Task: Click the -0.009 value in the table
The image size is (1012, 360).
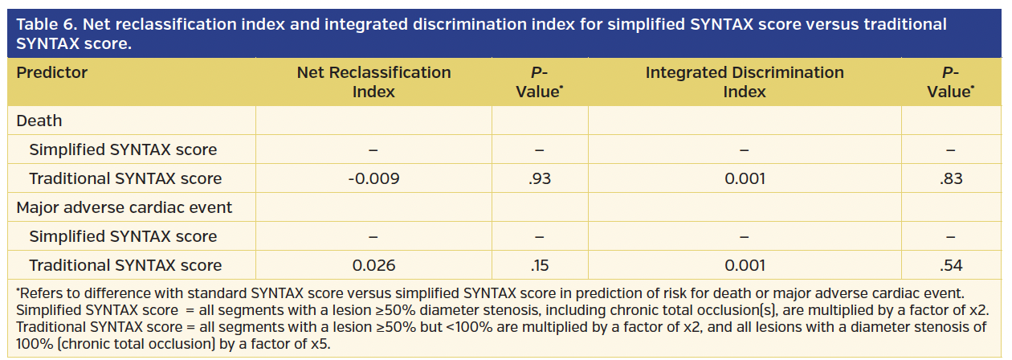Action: [373, 178]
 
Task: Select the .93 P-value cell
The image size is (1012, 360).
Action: [540, 178]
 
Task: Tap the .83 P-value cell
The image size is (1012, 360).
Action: [950, 178]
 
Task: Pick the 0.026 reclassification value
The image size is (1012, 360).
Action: [373, 265]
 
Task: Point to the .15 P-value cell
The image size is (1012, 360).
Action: [540, 265]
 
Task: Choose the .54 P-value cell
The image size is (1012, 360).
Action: [950, 265]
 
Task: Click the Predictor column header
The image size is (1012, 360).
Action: [52, 72]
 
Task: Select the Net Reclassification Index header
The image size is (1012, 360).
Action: [373, 81]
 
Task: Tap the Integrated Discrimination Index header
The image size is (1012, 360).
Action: [744, 81]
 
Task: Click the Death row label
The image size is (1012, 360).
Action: [39, 121]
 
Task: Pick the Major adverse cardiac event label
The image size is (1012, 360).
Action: [124, 207]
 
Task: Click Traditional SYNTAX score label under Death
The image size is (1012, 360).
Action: [125, 178]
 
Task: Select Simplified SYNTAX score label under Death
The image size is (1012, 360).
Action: [123, 149]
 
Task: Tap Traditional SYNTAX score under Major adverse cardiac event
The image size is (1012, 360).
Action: [125, 265]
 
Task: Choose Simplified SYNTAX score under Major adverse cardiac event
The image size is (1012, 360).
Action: [123, 236]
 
